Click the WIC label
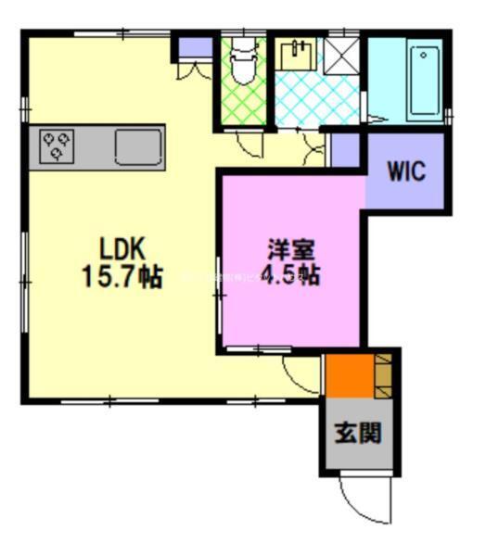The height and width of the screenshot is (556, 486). point(406,172)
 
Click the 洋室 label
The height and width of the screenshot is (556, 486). point(292,250)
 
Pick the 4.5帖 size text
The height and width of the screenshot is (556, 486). point(292,276)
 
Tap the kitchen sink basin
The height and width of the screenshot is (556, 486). point(138,145)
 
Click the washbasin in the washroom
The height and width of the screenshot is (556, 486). point(300,54)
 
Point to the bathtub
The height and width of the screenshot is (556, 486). point(422,79)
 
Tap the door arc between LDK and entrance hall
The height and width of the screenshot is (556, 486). point(301,374)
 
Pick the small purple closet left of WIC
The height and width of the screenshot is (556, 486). point(345,151)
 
